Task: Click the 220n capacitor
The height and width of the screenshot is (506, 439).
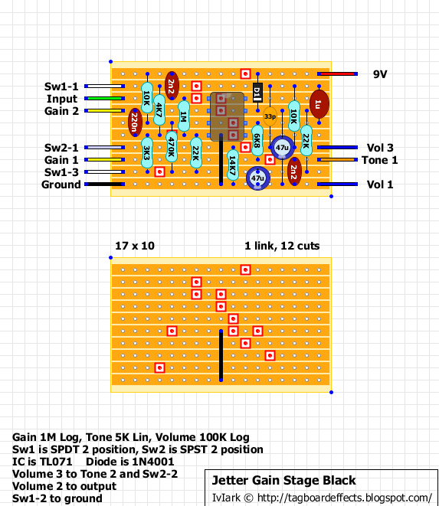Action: coord(135,122)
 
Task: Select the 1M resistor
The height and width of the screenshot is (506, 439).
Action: coord(183,116)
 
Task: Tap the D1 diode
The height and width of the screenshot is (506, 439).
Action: coord(257,93)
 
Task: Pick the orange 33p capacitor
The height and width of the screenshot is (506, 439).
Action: coord(270,116)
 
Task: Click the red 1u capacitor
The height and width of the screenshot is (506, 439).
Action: coord(319,104)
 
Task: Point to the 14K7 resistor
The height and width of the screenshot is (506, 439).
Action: coord(233,165)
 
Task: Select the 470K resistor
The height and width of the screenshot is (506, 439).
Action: coord(172,147)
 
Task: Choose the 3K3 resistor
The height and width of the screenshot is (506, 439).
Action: coord(147,153)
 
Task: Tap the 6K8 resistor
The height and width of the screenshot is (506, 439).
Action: coord(257,141)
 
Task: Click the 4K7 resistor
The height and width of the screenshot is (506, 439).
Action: coord(159,110)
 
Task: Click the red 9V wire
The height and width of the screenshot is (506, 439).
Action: coord(337,74)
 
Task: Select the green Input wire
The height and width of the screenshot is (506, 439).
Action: coord(104,99)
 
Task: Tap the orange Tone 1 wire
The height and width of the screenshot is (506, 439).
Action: coord(337,160)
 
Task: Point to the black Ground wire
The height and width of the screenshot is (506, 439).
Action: coord(104,184)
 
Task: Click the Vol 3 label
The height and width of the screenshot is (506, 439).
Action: coord(380,148)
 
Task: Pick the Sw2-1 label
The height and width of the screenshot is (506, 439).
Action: coord(61,148)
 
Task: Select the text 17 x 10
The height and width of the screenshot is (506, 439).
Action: coord(135,246)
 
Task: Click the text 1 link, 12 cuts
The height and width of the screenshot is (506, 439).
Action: coord(282,246)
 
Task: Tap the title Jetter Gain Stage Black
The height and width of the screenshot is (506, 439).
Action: coord(283,481)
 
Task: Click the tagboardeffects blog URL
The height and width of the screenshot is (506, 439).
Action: coord(344,498)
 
